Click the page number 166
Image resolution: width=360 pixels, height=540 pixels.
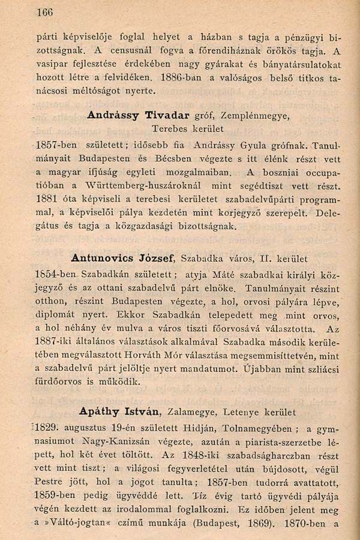(x=45, y=11)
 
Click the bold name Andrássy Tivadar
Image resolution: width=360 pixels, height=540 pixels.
(x=130, y=115)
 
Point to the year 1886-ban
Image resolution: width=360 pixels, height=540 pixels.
(x=180, y=78)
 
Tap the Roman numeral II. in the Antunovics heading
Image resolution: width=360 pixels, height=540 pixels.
(x=266, y=259)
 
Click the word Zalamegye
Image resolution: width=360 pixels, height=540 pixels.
(x=191, y=412)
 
